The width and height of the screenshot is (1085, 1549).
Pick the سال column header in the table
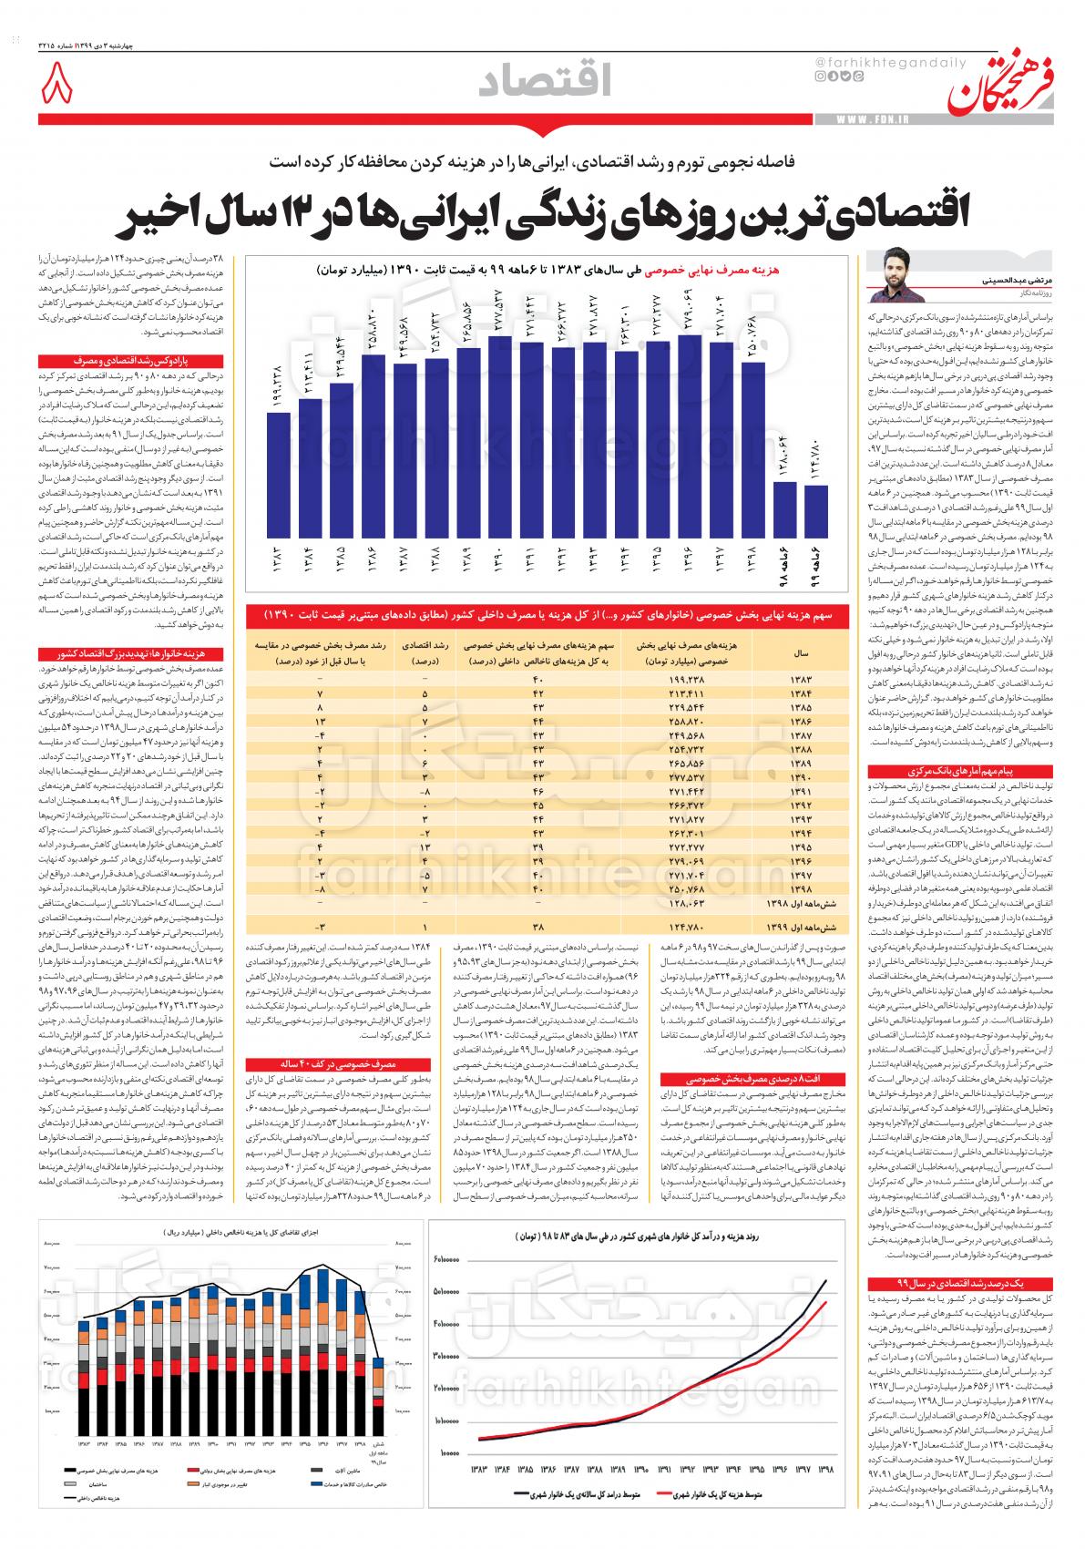803,653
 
